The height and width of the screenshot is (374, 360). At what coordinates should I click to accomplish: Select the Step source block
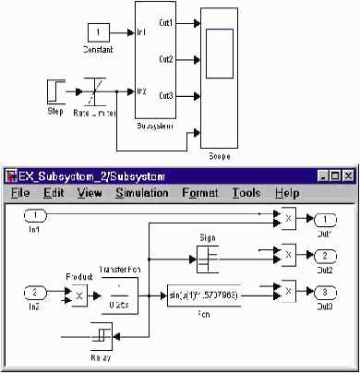tap(54, 91)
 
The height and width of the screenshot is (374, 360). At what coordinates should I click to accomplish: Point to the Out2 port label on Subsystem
tap(165, 58)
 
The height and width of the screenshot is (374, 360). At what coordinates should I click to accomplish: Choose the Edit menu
tap(52, 193)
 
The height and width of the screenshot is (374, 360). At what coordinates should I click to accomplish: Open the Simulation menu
tap(141, 193)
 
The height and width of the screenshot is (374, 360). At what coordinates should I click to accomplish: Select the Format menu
tap(200, 193)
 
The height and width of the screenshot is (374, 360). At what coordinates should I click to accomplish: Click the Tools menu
tap(246, 193)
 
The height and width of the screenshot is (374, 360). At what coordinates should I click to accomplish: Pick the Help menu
tap(287, 193)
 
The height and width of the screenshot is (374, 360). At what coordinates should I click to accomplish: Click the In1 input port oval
tap(34, 215)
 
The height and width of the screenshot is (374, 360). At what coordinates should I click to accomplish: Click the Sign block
tap(207, 254)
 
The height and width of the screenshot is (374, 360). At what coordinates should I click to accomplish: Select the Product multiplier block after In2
tap(79, 294)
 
